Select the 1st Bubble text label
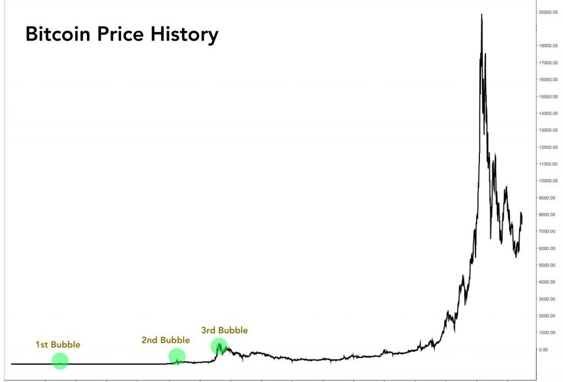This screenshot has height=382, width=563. (58, 345)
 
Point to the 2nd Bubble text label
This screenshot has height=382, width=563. (165, 340)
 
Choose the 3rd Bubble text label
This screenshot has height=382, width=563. (224, 330)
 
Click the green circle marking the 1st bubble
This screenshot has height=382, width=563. (60, 361)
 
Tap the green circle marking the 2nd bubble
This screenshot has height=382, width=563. (177, 357)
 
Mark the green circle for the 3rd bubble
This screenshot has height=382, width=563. (219, 346)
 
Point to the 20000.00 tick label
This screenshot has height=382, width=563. (550, 12)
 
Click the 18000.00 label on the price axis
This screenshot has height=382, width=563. (550, 46)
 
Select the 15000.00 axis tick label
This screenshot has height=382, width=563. (550, 97)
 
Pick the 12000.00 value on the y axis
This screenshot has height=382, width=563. (550, 147)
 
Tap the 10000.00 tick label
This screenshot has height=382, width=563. (550, 181)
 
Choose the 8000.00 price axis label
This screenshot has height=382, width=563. (550, 215)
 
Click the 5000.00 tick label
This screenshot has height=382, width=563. (550, 265)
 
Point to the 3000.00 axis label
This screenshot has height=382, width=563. (550, 299)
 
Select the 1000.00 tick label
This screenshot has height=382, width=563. (550, 333)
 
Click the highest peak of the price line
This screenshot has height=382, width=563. (482, 15)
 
